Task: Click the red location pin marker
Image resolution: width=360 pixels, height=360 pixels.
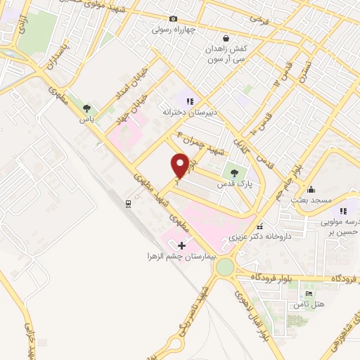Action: coord(179,165)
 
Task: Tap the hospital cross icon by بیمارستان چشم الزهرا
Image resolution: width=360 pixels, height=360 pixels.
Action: coord(182,245)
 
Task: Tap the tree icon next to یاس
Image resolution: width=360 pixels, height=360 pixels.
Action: coord(86,108)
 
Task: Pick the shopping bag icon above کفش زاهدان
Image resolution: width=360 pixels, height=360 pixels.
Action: coord(226,39)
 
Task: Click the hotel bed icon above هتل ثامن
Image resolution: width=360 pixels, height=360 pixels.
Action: coord(309,293)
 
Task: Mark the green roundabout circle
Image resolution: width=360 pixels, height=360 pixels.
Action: coord(225,267)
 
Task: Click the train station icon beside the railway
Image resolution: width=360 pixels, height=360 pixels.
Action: coord(128,204)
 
